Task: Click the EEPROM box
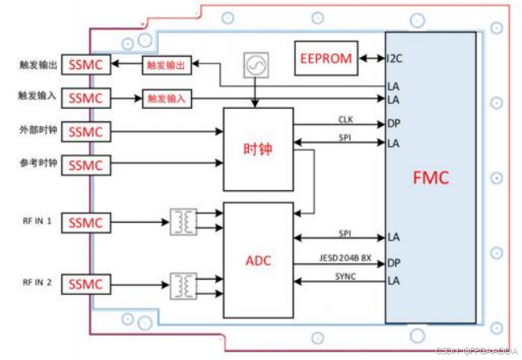point(325,59)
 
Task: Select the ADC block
point(258,260)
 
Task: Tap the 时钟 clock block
point(258,149)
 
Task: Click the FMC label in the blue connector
point(430,178)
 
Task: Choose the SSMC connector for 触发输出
point(86,64)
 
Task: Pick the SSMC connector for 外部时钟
point(86,132)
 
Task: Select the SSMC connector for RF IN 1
point(86,222)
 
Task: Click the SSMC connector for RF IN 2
point(86,284)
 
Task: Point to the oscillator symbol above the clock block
point(254,63)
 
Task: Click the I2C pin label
point(394,59)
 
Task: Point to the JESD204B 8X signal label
point(346,257)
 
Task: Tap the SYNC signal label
point(346,277)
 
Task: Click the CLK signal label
point(346,119)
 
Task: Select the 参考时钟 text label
point(38,163)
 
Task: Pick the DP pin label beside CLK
point(394,124)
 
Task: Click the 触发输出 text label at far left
point(38,64)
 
